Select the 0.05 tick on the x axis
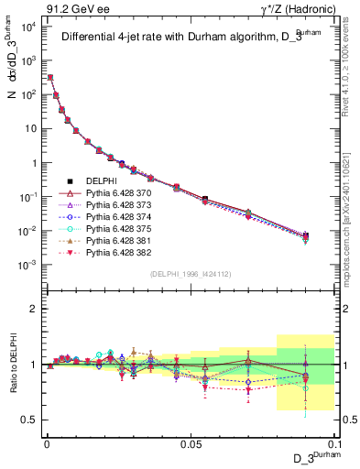pyautogui.click(x=191, y=442)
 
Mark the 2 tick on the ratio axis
pyautogui.click(x=33, y=309)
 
